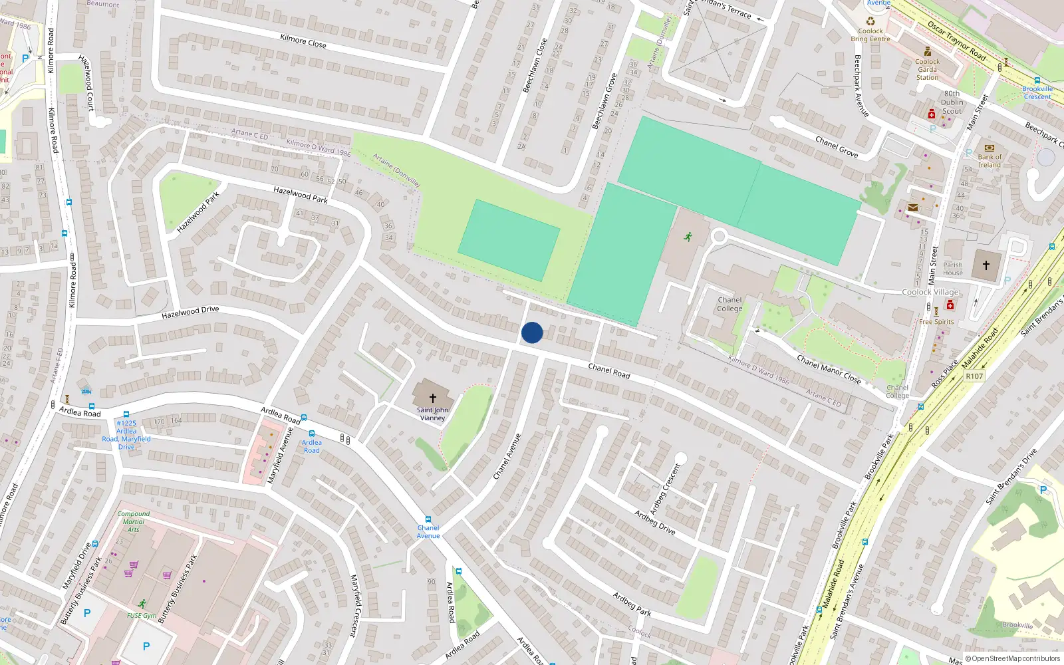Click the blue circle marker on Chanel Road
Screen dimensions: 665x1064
tap(532, 332)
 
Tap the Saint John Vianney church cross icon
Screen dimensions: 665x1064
tap(432, 398)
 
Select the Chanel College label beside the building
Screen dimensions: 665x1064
tap(730, 304)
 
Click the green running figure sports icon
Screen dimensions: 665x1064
tap(688, 236)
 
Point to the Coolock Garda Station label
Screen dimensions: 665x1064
tap(927, 69)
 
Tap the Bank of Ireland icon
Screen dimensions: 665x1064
tap(989, 148)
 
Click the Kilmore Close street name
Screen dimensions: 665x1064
tap(303, 41)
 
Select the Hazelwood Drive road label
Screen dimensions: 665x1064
tap(190, 312)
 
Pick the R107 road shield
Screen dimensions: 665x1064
tap(974, 376)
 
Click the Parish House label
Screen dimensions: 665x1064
tap(952, 269)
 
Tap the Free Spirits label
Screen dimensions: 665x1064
tap(936, 322)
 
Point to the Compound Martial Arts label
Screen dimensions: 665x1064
tap(133, 521)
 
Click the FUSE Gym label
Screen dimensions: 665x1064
tap(142, 615)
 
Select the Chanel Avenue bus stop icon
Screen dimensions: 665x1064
tap(428, 519)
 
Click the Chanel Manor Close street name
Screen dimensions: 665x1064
tap(829, 370)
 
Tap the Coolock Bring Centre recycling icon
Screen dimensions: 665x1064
tap(870, 21)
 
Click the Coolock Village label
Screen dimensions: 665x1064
tap(930, 292)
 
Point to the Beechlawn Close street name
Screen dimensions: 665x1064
tap(535, 65)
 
